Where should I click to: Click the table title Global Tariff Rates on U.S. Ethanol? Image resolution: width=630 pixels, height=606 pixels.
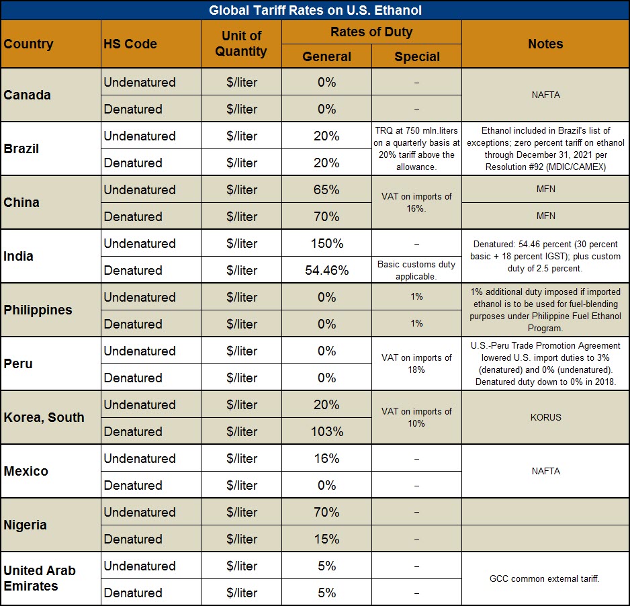315,11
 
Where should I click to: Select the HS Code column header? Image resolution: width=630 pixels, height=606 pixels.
130,44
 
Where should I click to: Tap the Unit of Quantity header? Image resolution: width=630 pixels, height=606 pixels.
241,44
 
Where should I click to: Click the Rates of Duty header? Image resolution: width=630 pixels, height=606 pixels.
371,32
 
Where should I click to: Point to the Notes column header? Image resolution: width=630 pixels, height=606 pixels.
545,44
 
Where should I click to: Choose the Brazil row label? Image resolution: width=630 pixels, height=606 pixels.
21,148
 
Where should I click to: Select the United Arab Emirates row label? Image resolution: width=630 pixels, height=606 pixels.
40,578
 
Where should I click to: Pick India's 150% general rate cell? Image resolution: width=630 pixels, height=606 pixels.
326,243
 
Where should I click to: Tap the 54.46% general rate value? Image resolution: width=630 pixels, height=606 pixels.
326,270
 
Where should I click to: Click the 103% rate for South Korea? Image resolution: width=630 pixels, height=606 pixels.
326,431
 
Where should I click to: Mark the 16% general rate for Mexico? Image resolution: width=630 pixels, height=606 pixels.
326,458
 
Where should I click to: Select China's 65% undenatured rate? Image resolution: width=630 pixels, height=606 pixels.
326,189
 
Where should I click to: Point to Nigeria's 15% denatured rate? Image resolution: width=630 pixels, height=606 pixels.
326,539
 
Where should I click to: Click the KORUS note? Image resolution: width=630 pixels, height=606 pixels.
545,417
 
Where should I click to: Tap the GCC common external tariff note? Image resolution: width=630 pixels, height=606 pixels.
545,578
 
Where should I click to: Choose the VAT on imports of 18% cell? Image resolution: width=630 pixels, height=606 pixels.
416,363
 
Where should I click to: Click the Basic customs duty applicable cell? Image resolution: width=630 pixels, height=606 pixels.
416,270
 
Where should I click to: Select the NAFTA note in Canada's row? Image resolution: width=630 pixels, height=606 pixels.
545,95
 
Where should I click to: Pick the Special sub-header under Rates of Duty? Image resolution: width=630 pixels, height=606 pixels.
416,57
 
